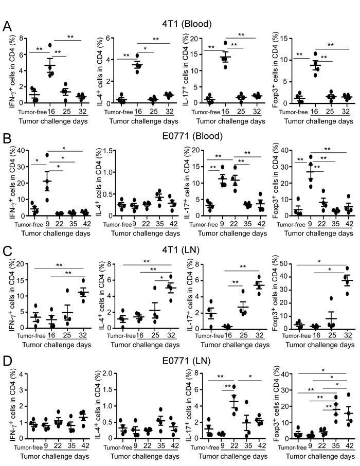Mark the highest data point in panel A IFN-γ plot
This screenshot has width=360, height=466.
click(50, 45)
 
